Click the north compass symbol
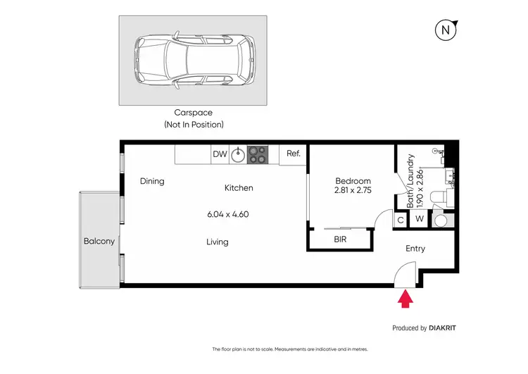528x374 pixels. point(445,30)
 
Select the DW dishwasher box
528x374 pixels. point(220,154)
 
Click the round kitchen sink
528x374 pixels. point(239,154)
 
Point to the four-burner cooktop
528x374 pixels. point(258,154)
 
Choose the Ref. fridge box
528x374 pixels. point(293,154)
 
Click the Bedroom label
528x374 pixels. point(352,180)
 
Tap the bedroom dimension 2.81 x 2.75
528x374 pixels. point(352,190)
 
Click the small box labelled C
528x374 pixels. point(400,220)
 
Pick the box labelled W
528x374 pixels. point(419,220)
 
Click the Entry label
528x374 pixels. point(415,249)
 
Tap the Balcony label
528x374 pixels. point(99,242)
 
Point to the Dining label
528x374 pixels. point(152,181)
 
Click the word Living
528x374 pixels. point(217,242)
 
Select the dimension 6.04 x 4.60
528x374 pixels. point(228,214)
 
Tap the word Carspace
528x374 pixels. point(193,112)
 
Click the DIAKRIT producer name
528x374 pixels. point(448,328)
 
